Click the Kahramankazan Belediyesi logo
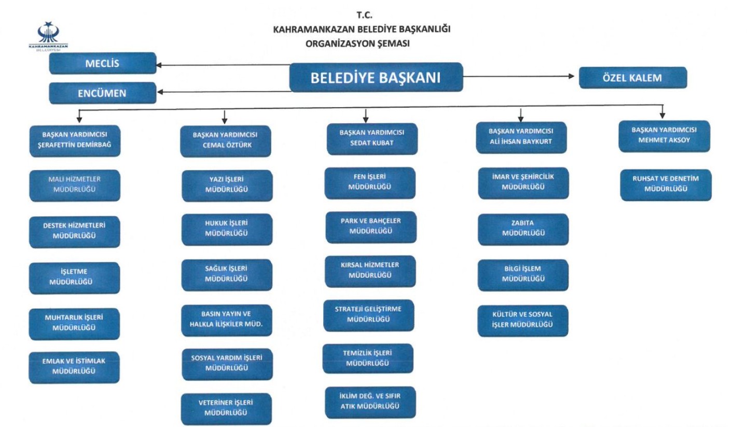[48, 36]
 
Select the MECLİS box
[103, 63]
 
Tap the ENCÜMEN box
[103, 93]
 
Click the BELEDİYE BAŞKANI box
[376, 77]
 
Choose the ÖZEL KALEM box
[633, 78]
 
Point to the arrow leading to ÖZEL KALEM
[519, 76]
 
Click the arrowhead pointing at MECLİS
[159, 65]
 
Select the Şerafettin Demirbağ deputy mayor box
[75, 140]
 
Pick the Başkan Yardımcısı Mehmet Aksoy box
[665, 136]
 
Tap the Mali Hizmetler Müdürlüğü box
[75, 185]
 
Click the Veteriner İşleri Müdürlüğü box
[226, 408]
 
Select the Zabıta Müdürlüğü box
[523, 229]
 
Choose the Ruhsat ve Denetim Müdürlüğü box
[666, 185]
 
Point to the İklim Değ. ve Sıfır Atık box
[370, 402]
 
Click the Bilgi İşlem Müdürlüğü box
[523, 275]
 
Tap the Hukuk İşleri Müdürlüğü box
[227, 229]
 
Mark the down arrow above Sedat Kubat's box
[366, 116]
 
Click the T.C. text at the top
[364, 15]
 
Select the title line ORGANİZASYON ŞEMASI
[357, 44]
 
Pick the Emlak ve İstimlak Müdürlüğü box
[74, 367]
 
